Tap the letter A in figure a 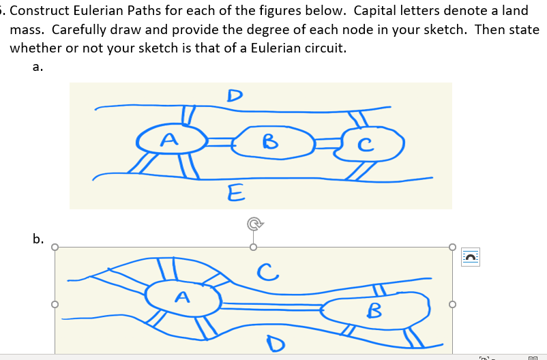(x=168, y=140)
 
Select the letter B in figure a (x=270, y=142)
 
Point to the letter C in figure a (x=367, y=145)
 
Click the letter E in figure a (x=234, y=193)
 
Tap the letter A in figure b (x=181, y=297)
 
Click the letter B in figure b (x=374, y=310)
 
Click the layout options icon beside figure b (x=471, y=256)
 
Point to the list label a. (x=38, y=67)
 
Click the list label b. (x=38, y=239)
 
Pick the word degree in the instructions (x=312, y=30)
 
